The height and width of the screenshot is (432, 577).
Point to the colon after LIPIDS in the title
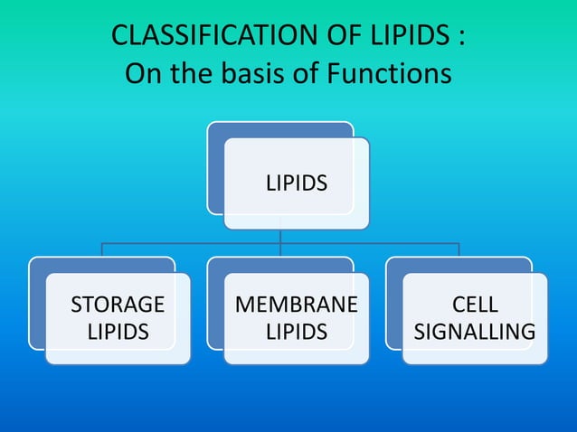pos(461,39)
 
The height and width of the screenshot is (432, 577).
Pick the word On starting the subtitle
pos(142,72)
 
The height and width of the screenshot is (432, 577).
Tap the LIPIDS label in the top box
pos(297,183)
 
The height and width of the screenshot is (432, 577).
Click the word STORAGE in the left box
pos(118,304)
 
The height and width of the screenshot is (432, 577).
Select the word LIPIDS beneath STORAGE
pos(118,332)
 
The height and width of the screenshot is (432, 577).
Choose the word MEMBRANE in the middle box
pos(297,304)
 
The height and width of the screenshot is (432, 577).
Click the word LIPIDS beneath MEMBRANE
pos(297,332)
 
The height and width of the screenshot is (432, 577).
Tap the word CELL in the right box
pos(475,304)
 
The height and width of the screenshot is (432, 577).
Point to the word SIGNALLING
pos(475,332)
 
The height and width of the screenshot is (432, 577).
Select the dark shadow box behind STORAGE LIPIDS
pos(37,307)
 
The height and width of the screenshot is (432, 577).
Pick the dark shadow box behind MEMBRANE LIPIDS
pos(215,307)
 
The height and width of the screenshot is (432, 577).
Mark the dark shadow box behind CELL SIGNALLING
pos(393,307)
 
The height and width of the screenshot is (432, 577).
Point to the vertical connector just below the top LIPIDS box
pos(280,235)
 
